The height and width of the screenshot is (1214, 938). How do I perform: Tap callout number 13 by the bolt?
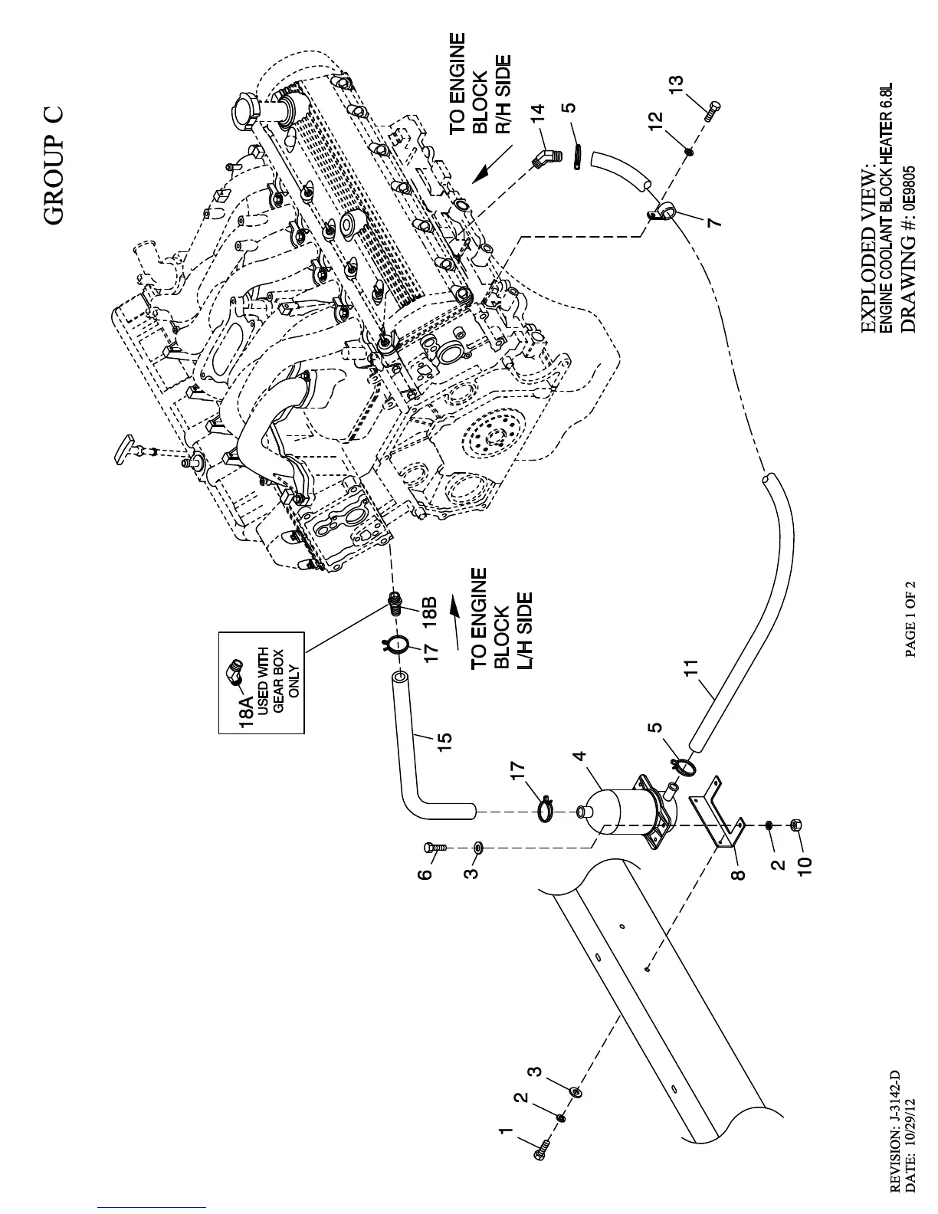(x=676, y=84)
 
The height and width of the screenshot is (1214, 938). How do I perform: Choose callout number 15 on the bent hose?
(x=444, y=740)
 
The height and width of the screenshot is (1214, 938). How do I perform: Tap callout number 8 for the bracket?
(x=737, y=873)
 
